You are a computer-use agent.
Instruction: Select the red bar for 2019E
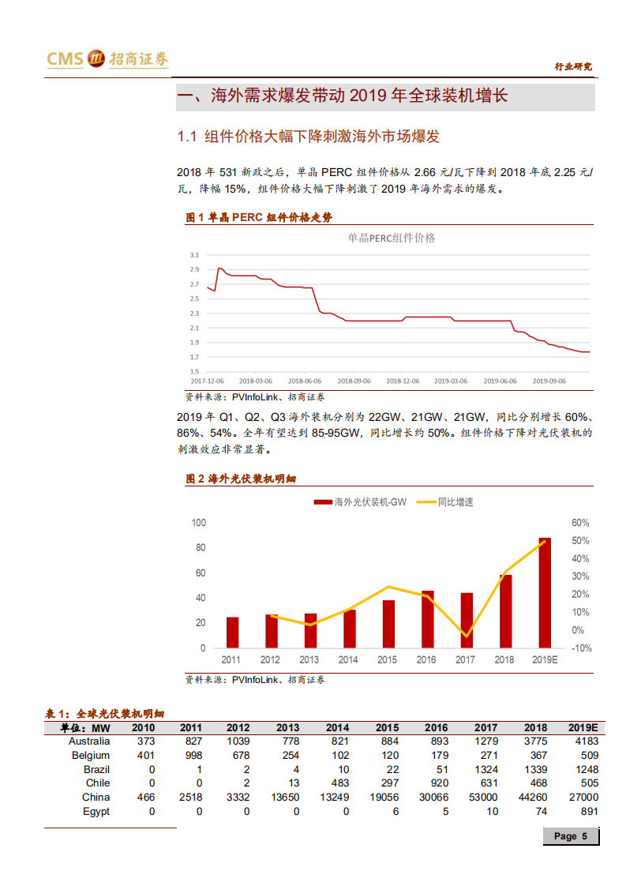545,592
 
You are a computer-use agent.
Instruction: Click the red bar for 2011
232,632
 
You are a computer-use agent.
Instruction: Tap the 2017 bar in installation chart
467,620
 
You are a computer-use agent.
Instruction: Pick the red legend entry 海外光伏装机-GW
361,501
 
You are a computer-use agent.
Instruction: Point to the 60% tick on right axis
581,523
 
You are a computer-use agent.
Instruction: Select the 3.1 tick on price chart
194,255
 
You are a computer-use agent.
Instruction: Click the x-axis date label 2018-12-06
403,380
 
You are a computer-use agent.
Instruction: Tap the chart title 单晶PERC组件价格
392,238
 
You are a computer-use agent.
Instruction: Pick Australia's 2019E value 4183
583,741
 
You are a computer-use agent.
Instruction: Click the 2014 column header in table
337,727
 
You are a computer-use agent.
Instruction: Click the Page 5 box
571,836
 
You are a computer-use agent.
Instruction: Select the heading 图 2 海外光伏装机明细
240,479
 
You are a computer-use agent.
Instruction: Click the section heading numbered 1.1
308,137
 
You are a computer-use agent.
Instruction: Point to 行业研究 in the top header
573,67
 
